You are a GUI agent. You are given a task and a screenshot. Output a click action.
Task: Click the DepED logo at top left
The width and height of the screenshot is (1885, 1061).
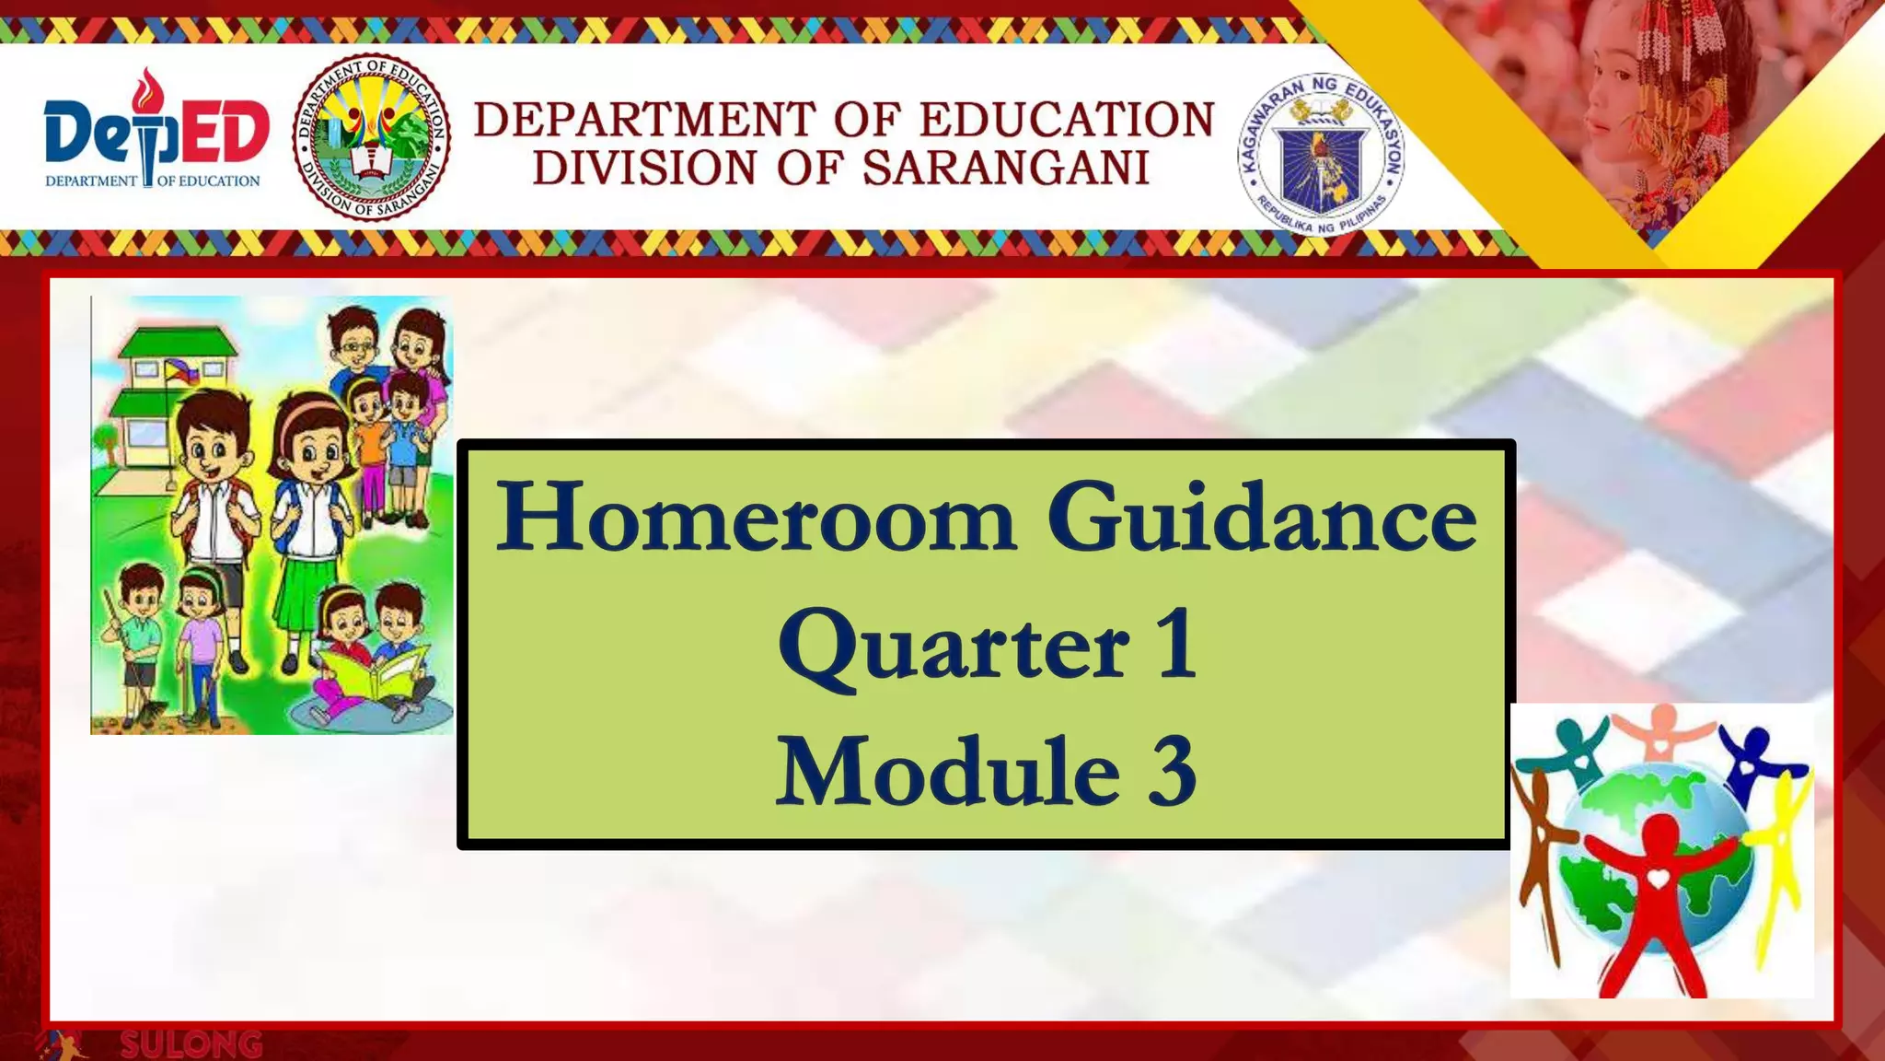point(155,134)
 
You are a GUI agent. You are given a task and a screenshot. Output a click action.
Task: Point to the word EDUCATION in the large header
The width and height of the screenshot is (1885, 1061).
point(1068,120)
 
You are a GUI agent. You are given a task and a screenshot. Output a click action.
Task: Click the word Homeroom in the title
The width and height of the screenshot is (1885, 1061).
point(755,519)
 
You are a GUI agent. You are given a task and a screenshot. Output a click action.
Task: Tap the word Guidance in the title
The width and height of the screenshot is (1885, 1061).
point(1261,519)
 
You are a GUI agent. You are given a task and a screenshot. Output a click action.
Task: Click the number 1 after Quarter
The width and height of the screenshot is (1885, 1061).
point(1178,645)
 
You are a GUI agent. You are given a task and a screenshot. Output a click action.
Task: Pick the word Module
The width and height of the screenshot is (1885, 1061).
point(948,772)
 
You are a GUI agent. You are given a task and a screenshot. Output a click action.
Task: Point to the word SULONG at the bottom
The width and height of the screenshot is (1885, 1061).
point(191,1045)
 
